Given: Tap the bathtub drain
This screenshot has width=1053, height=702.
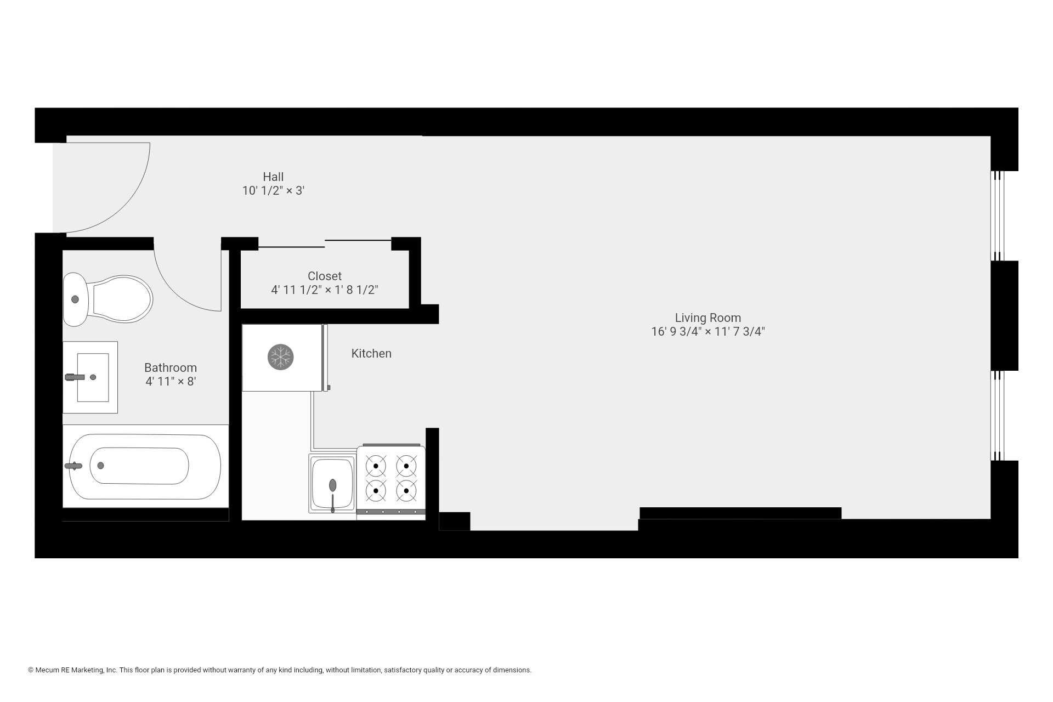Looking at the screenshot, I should (x=100, y=466).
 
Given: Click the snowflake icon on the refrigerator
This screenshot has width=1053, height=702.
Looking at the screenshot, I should (x=281, y=357).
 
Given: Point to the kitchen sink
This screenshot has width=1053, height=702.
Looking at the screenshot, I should (x=332, y=484).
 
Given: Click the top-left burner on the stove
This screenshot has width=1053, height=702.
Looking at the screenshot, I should (x=376, y=466).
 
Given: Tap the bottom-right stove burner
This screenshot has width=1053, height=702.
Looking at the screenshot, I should (x=406, y=490).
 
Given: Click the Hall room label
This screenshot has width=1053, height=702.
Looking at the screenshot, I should (x=273, y=177).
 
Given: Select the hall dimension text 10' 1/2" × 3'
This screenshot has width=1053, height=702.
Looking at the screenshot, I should (x=273, y=191).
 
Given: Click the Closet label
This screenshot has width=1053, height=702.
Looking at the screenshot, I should (x=325, y=276).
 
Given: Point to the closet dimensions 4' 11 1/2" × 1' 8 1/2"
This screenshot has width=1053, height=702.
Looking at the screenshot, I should (x=325, y=290).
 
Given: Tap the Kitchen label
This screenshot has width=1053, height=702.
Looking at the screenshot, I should (x=371, y=353).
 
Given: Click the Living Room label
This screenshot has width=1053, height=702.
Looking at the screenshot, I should (x=707, y=318).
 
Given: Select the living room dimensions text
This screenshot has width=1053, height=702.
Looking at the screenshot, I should (x=707, y=332).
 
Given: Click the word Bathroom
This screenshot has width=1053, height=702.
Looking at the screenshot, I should (x=171, y=367).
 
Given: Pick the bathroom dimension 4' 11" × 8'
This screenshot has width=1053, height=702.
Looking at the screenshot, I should (x=171, y=381).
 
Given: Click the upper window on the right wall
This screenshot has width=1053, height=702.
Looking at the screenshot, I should (x=998, y=216).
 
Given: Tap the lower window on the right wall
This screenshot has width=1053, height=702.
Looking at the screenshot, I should (x=998, y=415).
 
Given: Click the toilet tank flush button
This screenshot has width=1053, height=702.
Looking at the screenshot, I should (x=75, y=299).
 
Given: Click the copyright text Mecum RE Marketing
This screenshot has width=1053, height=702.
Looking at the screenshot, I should (x=76, y=670).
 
